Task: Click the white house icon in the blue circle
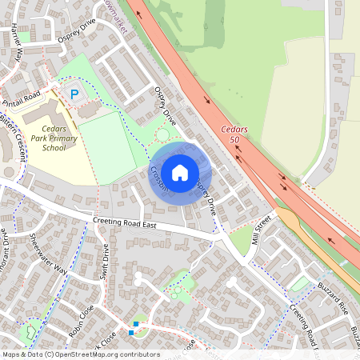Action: [x=180, y=171]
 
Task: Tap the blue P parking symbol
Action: [x=74, y=94]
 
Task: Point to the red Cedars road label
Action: [x=234, y=130]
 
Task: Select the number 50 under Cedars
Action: [x=234, y=140]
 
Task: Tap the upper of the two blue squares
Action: [x=136, y=323]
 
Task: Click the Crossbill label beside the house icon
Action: [x=158, y=179]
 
